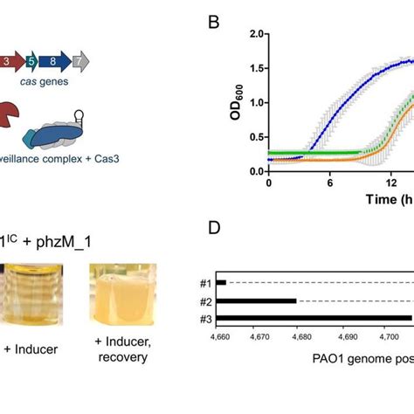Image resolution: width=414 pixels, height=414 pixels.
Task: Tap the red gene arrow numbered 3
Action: point(6,62)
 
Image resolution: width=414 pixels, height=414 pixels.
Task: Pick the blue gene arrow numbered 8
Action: point(53,62)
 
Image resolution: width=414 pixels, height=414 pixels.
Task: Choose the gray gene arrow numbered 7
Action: point(79,62)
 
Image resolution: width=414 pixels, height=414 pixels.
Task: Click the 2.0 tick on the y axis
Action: point(254,34)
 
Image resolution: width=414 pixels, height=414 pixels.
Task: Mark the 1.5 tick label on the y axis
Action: point(254,68)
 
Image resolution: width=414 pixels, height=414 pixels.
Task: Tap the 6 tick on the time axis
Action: point(330,185)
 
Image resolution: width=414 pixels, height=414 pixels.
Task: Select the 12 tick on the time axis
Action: point(392,185)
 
